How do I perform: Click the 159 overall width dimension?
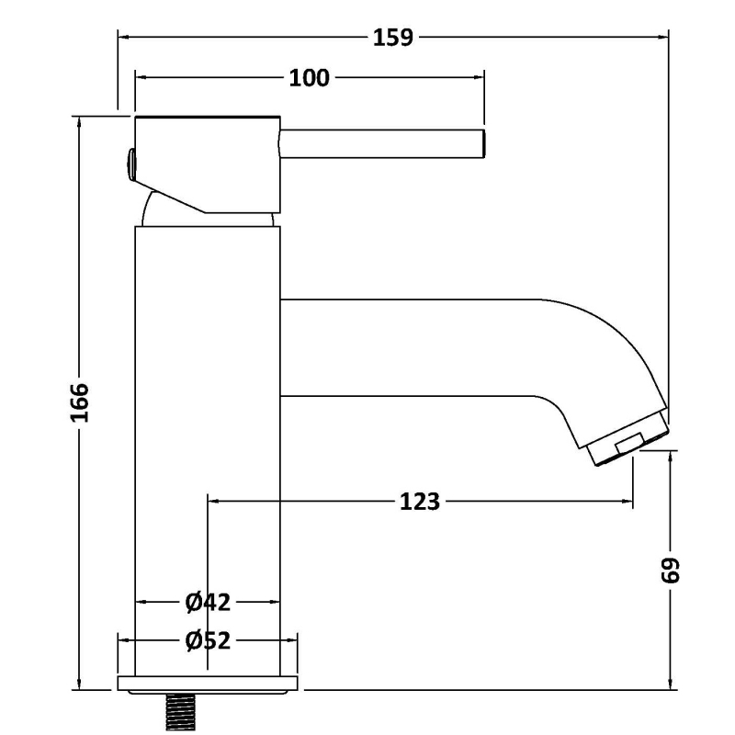tap(393, 38)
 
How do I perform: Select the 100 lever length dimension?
tap(309, 78)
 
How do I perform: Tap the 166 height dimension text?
tap(79, 402)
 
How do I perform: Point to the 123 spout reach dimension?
tap(420, 501)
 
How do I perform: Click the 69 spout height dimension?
tap(670, 570)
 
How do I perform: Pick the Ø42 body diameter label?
tap(208, 603)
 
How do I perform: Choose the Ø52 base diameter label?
tap(208, 640)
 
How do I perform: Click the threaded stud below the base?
tap(180, 711)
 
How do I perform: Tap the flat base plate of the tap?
tap(208, 684)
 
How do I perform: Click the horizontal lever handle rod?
tap(382, 144)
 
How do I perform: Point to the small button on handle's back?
tap(130, 164)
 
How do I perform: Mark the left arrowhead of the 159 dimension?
tap(123, 37)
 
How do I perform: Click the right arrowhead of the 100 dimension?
tap(479, 77)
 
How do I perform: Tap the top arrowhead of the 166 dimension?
tap(79, 122)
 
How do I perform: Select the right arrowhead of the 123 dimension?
tap(628, 501)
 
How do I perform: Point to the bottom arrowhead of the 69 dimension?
tap(671, 684)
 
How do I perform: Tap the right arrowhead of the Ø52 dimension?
tap(291, 640)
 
